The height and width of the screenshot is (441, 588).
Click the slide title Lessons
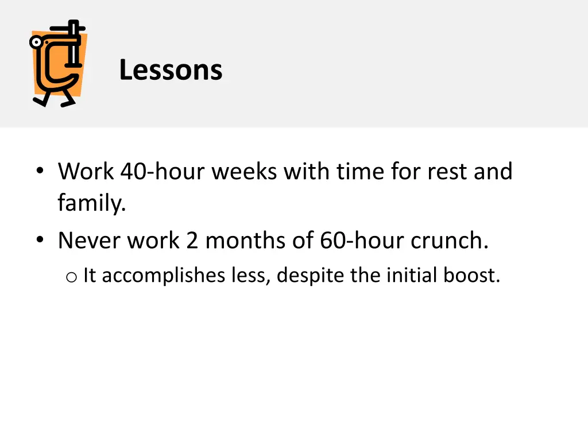pos(171,71)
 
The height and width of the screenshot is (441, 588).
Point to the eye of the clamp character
pos(37,42)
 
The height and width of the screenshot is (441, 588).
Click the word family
pos(91,204)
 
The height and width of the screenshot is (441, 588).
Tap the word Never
pos(90,241)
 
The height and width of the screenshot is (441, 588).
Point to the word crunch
pos(449,241)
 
